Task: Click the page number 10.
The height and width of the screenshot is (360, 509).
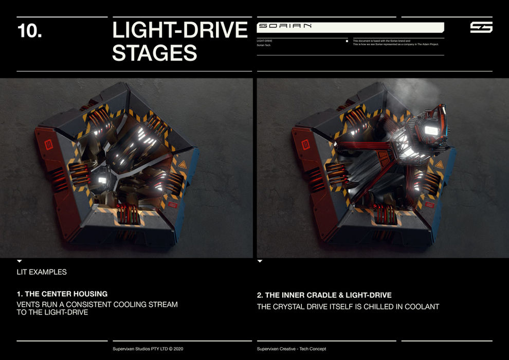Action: pos(30,31)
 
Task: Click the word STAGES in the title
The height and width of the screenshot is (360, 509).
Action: pos(154,52)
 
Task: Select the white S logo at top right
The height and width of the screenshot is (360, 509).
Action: pos(481,27)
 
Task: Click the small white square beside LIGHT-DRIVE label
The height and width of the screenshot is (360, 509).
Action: pos(347,41)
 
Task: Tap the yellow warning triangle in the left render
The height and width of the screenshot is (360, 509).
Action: pos(182,165)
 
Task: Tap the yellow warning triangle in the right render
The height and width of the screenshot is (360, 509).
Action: pos(439,165)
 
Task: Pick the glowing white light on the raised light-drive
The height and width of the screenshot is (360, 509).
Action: pos(431,130)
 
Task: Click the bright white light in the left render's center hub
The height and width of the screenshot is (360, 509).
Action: pos(102,180)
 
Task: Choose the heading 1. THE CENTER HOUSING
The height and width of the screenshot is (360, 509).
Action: pos(62,294)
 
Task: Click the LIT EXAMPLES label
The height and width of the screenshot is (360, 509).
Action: pos(41,272)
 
